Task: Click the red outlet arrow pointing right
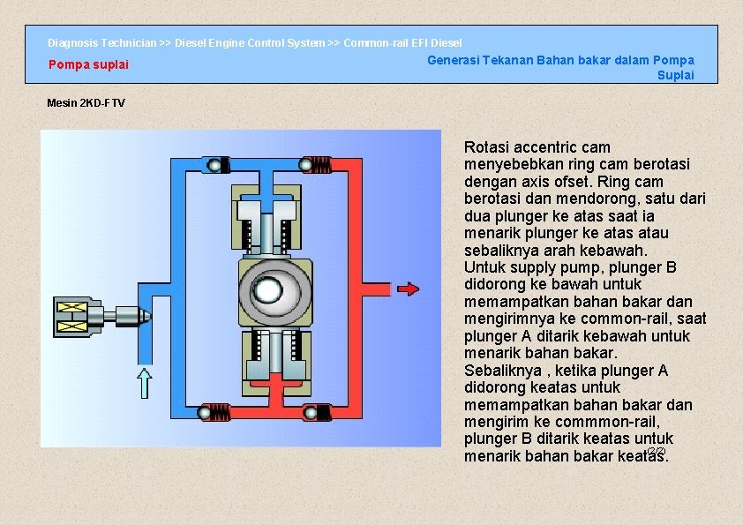pos(408,289)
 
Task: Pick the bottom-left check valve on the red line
pos(210,412)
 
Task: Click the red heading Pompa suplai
pos(88,64)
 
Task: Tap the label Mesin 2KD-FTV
pos(86,103)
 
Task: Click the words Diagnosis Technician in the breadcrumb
pos(101,42)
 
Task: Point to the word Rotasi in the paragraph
pos(488,147)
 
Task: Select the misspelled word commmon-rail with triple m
pos(607,422)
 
